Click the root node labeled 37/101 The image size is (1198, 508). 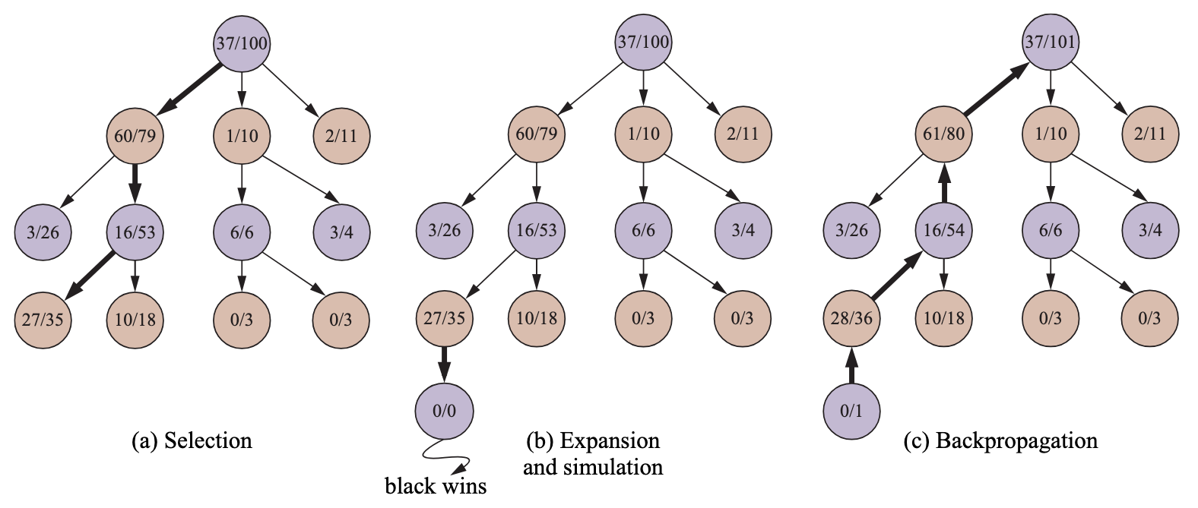tap(1051, 42)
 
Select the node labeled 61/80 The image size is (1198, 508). tap(943, 134)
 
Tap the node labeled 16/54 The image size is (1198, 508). tap(943, 230)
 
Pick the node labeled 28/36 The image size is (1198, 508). tap(851, 318)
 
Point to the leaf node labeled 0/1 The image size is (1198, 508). tap(851, 411)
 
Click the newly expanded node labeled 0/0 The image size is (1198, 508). tap(445, 411)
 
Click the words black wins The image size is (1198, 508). tap(436, 486)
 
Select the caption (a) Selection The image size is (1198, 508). tap(192, 441)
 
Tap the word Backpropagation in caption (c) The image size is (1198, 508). tap(1016, 441)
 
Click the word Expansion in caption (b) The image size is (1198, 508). tap(610, 441)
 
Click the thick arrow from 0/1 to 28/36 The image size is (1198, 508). tap(851, 364)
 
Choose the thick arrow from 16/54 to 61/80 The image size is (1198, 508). tap(943, 182)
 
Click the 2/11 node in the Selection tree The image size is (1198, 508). tap(341, 136)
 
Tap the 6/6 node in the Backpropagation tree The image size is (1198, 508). tap(1051, 230)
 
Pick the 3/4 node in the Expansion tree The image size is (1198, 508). tap(743, 230)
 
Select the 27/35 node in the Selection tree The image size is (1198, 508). tap(43, 320)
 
